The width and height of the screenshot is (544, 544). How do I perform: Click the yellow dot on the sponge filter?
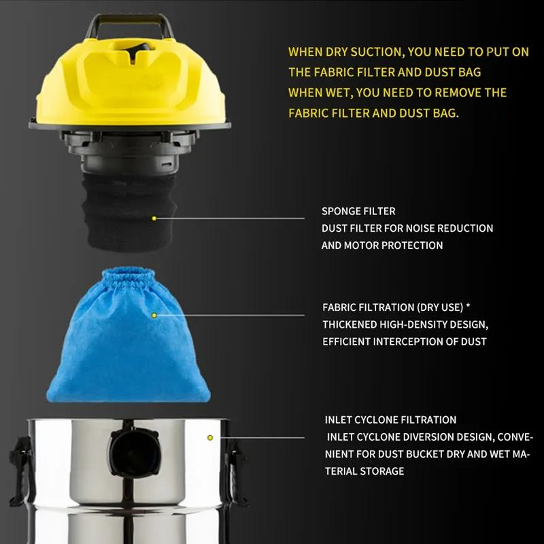point(154,218)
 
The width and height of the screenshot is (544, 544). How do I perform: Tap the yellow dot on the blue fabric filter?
point(154,316)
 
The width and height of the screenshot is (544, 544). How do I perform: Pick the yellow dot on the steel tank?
point(210,437)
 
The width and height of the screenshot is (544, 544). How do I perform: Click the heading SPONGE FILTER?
point(358,211)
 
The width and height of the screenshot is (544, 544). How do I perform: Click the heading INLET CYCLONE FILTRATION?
point(390,420)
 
